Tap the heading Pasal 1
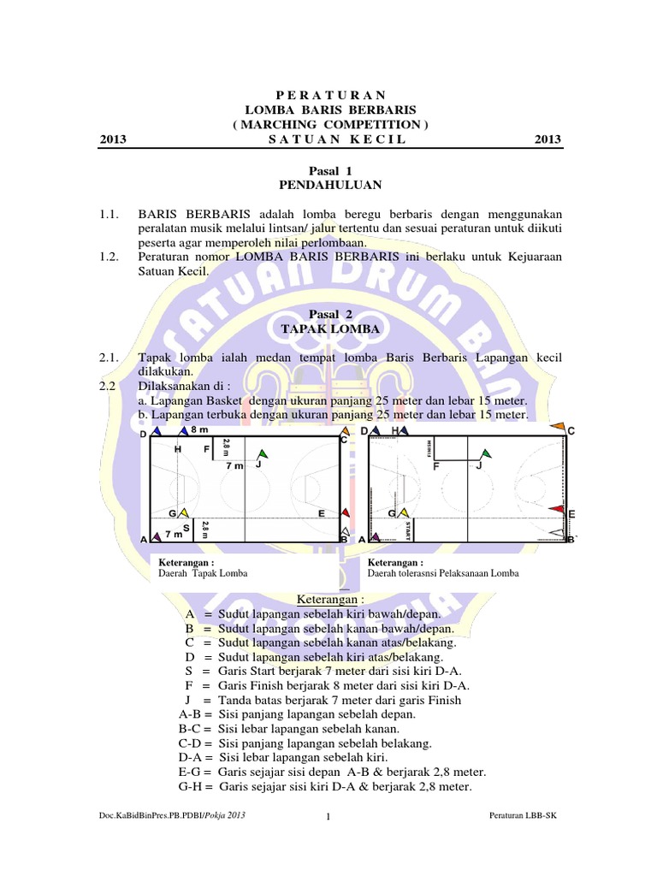coord(329,171)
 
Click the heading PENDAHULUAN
coord(330,186)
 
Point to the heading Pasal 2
coord(330,315)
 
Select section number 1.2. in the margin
coord(110,257)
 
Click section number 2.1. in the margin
coord(110,357)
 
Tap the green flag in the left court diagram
coord(262,453)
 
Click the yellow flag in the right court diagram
coord(400,512)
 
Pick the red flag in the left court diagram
coord(345,512)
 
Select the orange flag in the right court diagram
coord(557,426)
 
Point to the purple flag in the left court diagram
coord(156,538)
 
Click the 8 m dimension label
coord(199,429)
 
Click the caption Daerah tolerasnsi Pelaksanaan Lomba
coord(443,573)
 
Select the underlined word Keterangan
coord(329,599)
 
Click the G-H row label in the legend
coord(195,787)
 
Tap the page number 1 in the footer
coord(328,820)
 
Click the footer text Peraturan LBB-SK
coord(521,818)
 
